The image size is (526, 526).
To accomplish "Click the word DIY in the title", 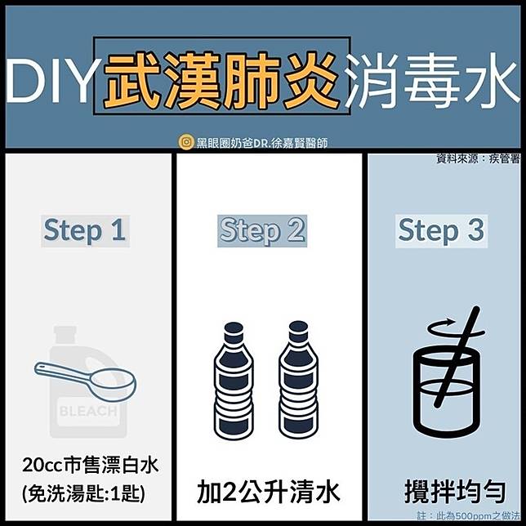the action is coord(49,81).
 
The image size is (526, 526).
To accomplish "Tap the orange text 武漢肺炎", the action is coord(221,81).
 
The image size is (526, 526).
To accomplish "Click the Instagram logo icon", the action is coord(186,142).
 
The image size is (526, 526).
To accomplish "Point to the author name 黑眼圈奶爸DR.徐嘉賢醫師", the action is coord(262,143).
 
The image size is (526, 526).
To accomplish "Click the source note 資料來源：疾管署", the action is coord(479,158).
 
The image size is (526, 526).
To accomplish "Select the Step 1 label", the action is coord(85,231).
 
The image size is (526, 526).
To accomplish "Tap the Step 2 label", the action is coord(262,231).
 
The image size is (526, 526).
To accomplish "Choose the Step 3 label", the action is coord(441,231).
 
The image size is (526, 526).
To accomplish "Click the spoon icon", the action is coord(86,381).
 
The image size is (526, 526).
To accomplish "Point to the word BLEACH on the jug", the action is coord(88,412).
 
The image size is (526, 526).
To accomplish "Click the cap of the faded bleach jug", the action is coord(65,335).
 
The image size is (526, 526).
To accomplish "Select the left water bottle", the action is coord(234,381).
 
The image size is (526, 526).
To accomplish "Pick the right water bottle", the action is coord(298,381).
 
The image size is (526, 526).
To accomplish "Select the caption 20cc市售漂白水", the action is coord(90,466).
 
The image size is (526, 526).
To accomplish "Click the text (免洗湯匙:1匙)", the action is coord(83,493).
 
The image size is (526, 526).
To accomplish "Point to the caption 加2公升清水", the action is coord(269,492).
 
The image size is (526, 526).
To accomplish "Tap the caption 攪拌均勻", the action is coord(455,492).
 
